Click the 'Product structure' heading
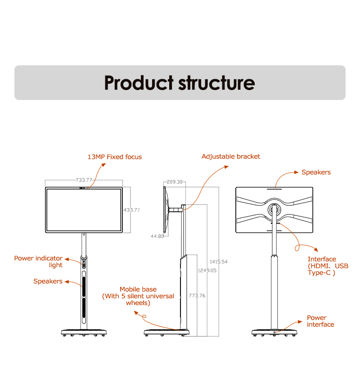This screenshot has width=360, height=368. click(x=180, y=83)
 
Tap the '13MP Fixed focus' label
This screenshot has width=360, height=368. click(x=114, y=157)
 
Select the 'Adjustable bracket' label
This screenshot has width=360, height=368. click(x=230, y=156)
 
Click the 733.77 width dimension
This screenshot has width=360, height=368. click(x=84, y=180)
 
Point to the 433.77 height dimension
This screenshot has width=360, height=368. click(x=131, y=210)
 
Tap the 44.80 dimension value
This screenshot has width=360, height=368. click(x=157, y=236)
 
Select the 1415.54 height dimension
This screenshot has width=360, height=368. click(x=219, y=262)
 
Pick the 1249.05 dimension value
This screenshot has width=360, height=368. click(x=207, y=270)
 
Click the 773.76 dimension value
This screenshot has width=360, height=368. click(x=197, y=295)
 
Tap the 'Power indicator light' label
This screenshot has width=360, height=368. click(x=38, y=262)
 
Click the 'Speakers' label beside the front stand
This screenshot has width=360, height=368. click(x=48, y=282)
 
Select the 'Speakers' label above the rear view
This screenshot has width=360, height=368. click(x=316, y=173)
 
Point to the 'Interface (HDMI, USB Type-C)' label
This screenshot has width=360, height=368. click(x=328, y=266)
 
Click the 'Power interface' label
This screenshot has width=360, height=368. click(x=320, y=321)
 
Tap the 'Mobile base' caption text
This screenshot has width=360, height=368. click(x=138, y=296)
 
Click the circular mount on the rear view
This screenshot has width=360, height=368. click(x=274, y=210)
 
